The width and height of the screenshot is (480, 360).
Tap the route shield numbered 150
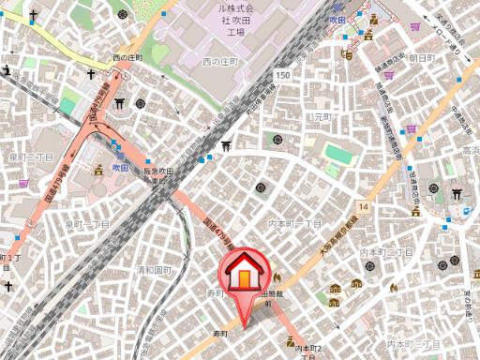click(282, 74)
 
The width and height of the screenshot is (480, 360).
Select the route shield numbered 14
click(363, 205)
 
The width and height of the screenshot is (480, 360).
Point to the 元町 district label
click(323, 117)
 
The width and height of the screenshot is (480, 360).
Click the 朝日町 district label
click(422, 58)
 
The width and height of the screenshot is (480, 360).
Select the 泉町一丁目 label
click(87, 225)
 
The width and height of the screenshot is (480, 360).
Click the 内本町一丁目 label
click(295, 225)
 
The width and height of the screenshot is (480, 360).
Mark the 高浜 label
click(470, 150)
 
